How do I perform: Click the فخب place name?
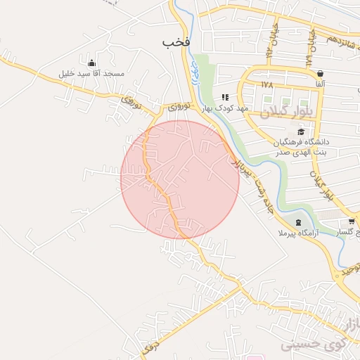click(177, 42)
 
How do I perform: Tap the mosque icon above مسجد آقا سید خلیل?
click(91, 62)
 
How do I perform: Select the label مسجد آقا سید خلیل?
click(91, 74)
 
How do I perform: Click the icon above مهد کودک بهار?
click(225, 97)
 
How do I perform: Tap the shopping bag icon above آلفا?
click(321, 73)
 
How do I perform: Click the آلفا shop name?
click(321, 84)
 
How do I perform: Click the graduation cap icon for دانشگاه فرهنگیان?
click(302, 131)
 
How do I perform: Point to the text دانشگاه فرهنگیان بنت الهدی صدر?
click(302, 146)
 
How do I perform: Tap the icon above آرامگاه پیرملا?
click(299, 222)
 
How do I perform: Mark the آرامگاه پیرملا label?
click(299, 233)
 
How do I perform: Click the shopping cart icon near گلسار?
click(352, 222)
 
